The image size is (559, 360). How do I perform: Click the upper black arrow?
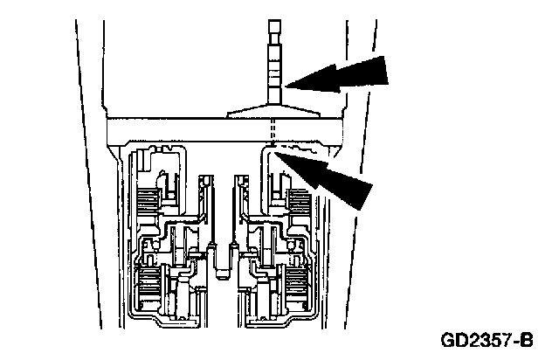pos(336,76)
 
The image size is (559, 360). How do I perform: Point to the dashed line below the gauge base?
pos(273,131)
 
